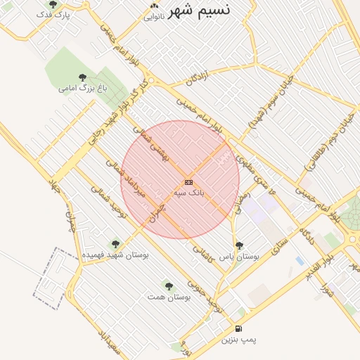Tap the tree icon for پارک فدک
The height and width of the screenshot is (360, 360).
click(53, 5)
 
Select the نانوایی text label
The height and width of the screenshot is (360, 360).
click(155, 16)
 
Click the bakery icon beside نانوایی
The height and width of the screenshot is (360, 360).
click(154, 6)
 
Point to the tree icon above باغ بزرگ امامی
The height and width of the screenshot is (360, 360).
click(82, 77)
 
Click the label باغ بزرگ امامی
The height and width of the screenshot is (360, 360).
click(77, 89)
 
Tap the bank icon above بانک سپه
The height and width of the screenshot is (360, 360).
click(188, 182)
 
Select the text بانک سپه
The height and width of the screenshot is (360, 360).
click(188, 192)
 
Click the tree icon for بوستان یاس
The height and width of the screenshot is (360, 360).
click(239, 246)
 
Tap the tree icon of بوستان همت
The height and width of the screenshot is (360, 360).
click(168, 285)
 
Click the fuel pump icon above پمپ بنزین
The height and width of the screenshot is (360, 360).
click(238, 328)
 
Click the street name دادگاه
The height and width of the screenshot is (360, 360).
click(309, 236)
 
